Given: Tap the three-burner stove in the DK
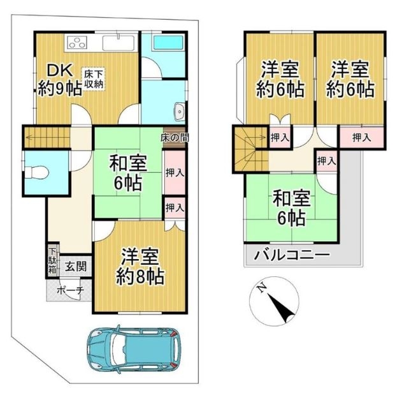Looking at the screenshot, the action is pos(77,42).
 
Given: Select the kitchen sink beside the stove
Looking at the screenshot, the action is pos(119,43).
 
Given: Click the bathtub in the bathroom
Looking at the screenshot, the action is pos(168,43).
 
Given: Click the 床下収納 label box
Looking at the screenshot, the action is pos(94,79).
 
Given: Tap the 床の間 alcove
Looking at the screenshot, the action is pos(175,138).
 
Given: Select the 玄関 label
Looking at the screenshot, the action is pos(76,267).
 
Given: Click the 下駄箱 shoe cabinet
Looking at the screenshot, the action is pos(52,261).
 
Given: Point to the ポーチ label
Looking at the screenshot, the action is pos(70,290).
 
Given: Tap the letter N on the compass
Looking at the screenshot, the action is pos(262,288).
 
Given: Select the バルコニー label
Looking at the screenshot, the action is pos(292,255).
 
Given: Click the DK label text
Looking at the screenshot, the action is pos(59,70).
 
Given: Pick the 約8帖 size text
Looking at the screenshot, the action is pos(140,276).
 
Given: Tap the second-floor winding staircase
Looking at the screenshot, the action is pos(251,149).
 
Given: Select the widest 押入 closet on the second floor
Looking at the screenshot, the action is pos(362,137).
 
